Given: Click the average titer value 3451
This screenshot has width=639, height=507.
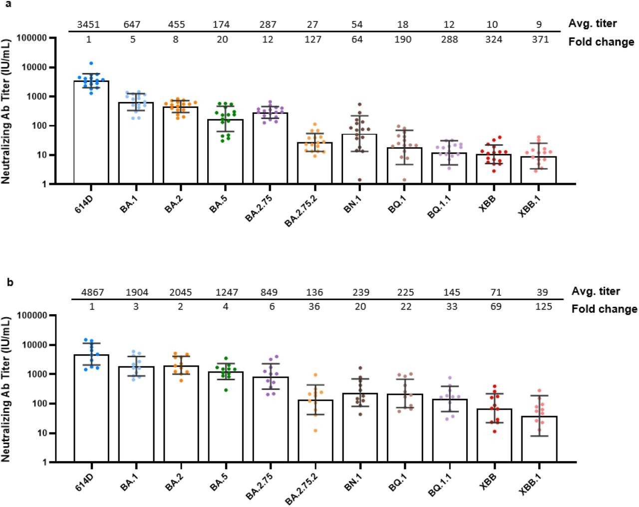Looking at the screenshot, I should point(88,24).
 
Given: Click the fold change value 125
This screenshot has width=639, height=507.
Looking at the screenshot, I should point(543,306).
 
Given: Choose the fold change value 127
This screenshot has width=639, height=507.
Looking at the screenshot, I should point(313,39).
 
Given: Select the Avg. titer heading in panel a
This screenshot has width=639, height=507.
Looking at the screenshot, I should point(593,23).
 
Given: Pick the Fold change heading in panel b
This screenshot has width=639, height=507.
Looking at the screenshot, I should point(604,309).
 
